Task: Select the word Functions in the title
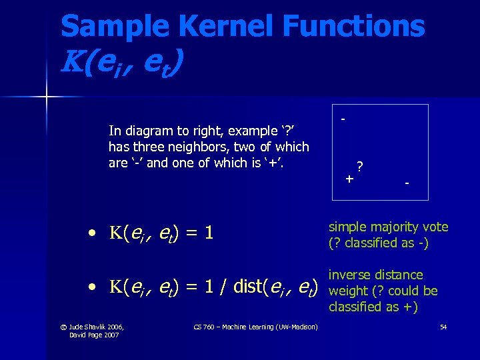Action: tap(353, 27)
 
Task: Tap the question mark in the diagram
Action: tap(360, 166)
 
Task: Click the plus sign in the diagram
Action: tap(349, 179)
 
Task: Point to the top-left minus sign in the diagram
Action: tap(343, 119)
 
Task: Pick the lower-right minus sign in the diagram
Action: tap(407, 182)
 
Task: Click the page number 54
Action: tap(443, 326)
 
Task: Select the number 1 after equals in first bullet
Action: tap(209, 233)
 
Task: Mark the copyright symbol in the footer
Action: tap(63, 326)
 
